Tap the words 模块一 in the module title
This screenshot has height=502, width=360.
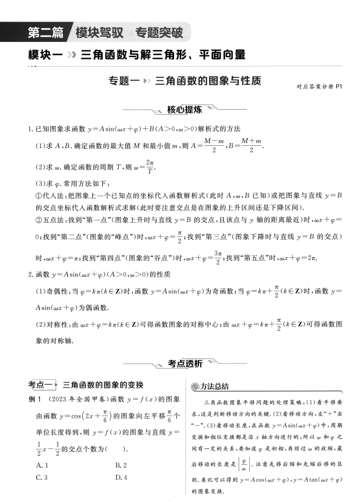tap(44, 55)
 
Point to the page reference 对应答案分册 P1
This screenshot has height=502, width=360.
tap(319, 87)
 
